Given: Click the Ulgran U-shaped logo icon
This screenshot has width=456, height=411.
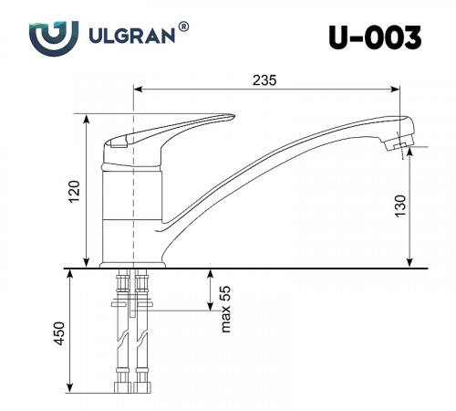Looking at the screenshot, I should pos(47,38).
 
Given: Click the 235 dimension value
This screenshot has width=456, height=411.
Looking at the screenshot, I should pos(264,79).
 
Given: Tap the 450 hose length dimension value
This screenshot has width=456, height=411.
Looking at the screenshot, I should pos(57,332).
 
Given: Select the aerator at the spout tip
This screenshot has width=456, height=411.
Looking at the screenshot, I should pos(398,143).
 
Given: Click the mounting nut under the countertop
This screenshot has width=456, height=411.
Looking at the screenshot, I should pos(132,302).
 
